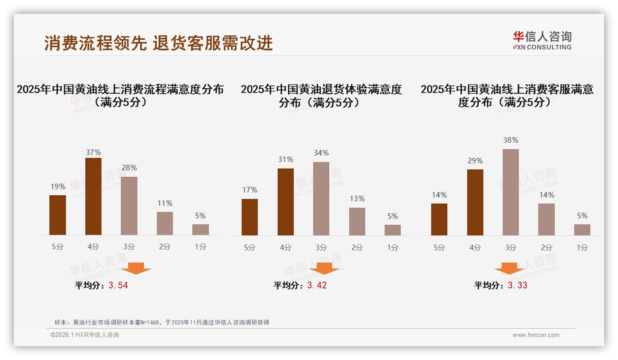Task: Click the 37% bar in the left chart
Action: (x=93, y=197)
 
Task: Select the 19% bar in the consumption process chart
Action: (x=58, y=215)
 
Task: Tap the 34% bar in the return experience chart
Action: (x=321, y=198)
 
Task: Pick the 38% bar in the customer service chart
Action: (x=511, y=192)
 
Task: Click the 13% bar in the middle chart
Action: (x=357, y=222)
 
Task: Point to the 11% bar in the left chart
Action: (x=165, y=223)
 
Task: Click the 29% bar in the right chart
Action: (x=475, y=202)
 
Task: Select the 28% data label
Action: (x=129, y=168)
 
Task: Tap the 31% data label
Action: (x=285, y=160)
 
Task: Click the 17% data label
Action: (x=250, y=190)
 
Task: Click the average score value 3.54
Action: (x=118, y=286)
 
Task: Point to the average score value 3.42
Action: (x=317, y=286)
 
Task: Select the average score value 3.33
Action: (x=517, y=286)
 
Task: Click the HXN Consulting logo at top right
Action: (x=542, y=41)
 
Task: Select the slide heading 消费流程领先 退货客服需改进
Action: (x=159, y=43)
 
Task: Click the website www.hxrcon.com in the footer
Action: (x=536, y=335)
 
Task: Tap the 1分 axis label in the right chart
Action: (x=582, y=248)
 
